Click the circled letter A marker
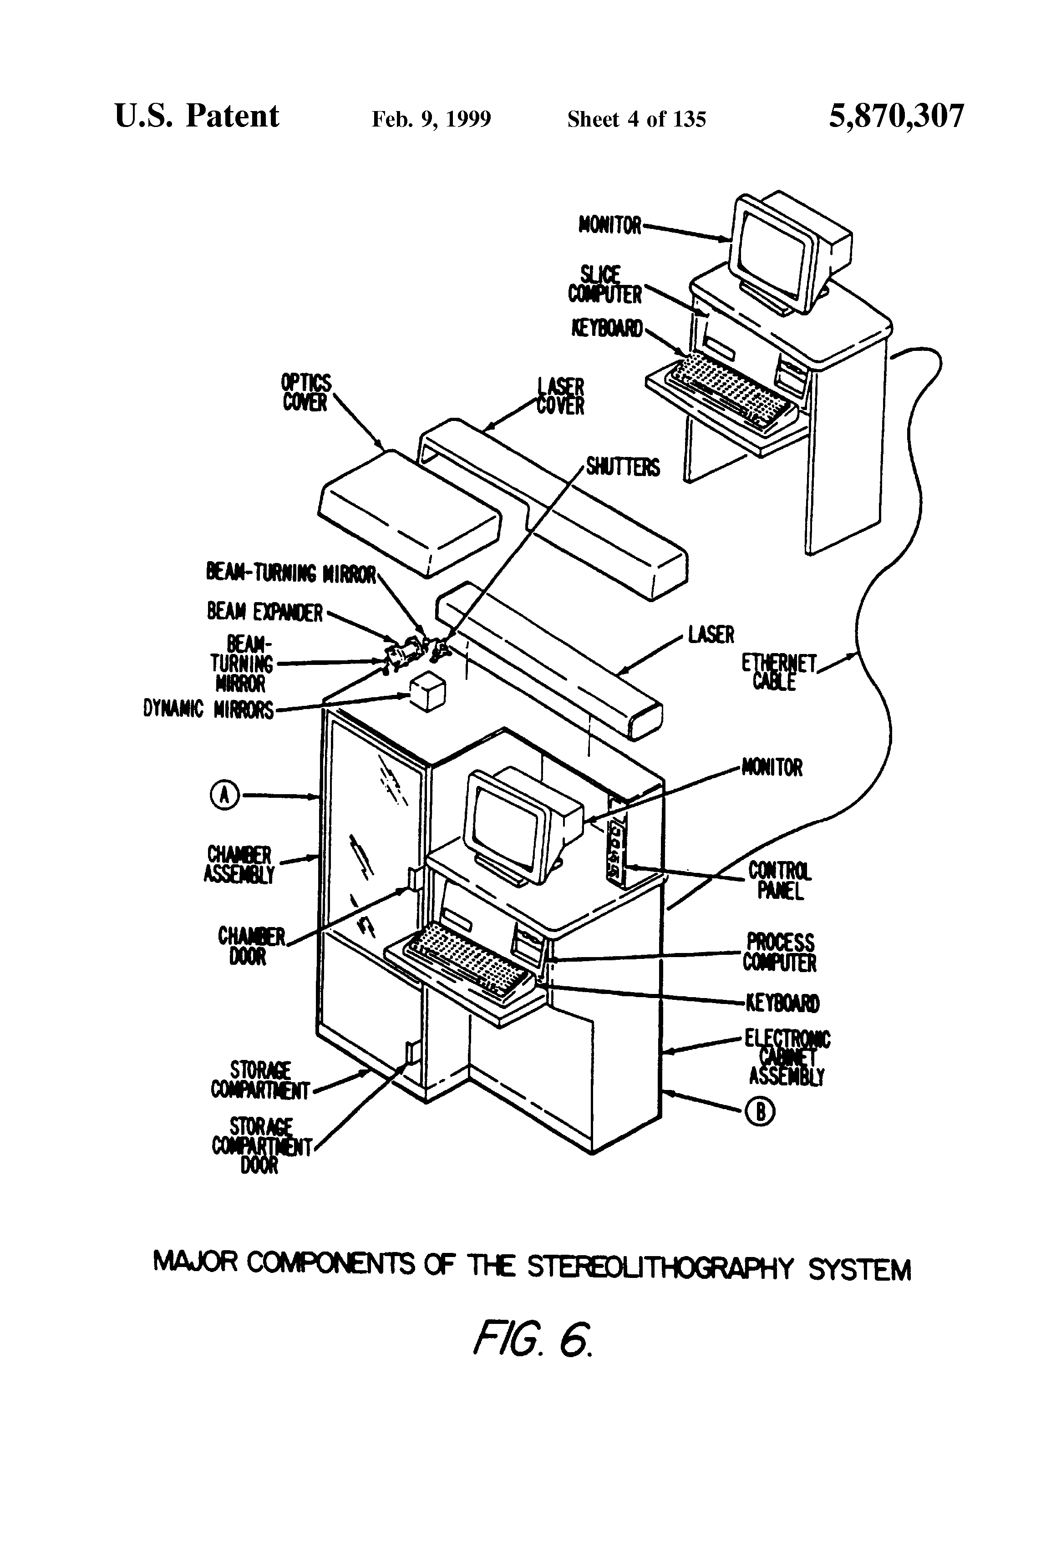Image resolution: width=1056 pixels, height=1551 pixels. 225,795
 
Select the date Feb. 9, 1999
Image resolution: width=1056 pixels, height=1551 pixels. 431,119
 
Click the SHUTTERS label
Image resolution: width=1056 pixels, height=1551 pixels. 622,467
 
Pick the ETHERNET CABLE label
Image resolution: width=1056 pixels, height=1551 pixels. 779,671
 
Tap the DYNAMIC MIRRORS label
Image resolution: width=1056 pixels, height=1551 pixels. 208,709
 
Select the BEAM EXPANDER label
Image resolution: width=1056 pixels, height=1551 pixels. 265,611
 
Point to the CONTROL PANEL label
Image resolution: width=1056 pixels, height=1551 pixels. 779,880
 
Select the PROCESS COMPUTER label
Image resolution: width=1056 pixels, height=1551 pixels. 780,953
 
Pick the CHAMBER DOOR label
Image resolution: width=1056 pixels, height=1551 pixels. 250,946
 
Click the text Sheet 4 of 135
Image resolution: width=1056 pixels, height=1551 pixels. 636,119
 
